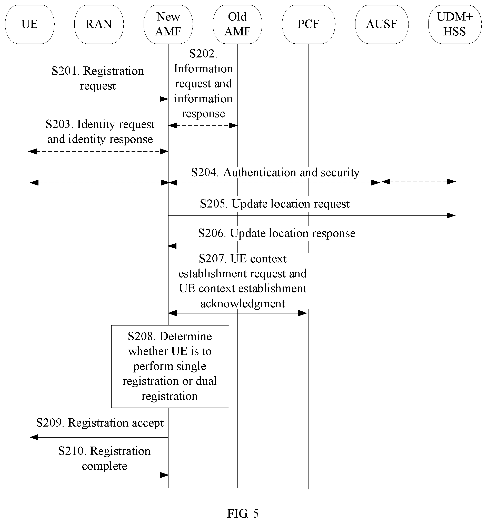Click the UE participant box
[30, 24]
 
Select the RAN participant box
[99, 24]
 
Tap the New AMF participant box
[168, 24]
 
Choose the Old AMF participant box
[237, 24]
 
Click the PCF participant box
[309, 24]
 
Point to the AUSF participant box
[382, 24]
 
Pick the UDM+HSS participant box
[455, 24]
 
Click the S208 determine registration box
[170, 367]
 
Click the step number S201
[65, 71]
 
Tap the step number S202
[203, 54]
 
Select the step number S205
[214, 204]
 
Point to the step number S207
[213, 259]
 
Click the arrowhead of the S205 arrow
[451, 216]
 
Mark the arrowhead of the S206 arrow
[172, 246]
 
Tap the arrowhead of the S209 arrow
[34, 437]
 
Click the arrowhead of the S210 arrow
[165, 475]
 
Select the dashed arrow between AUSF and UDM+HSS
[419, 182]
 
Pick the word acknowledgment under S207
[243, 304]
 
